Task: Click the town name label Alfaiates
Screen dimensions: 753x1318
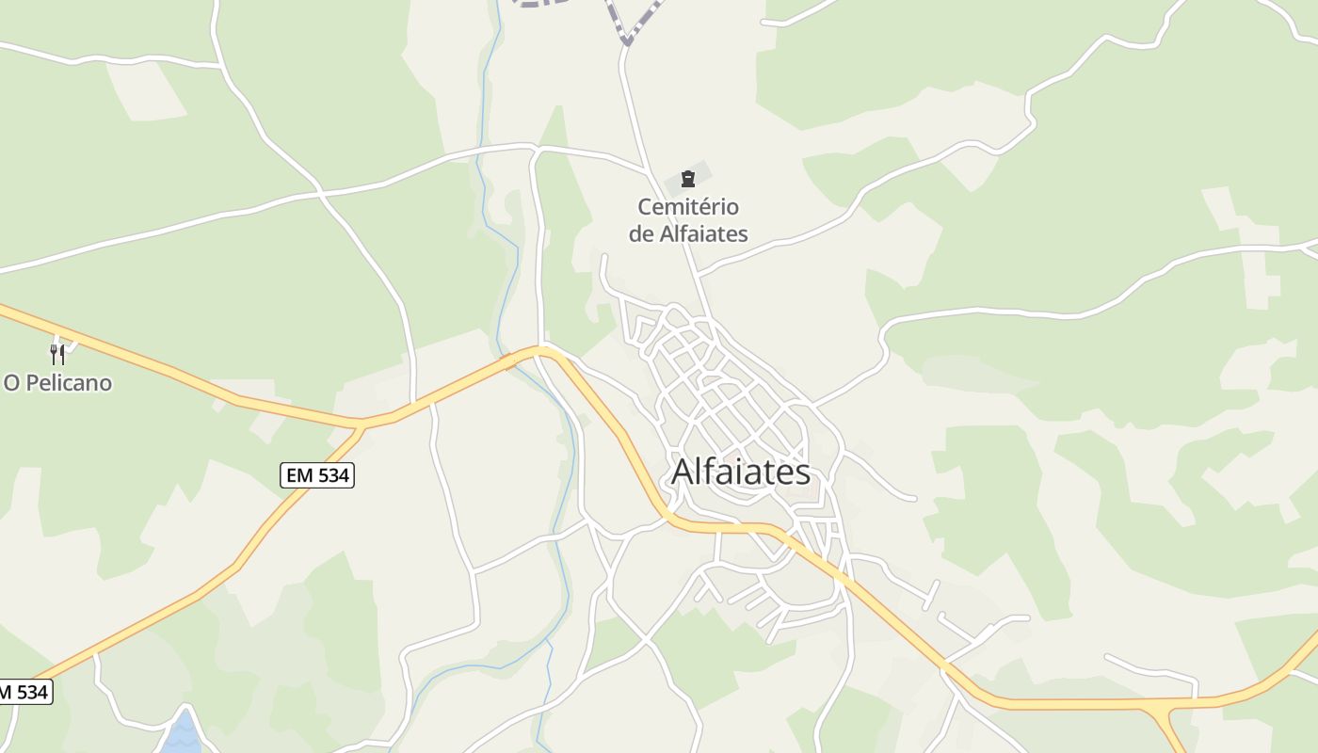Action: click(740, 472)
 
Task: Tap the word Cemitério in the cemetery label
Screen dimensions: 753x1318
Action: click(688, 207)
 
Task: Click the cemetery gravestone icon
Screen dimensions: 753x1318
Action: click(688, 179)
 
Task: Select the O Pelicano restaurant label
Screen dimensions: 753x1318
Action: click(57, 383)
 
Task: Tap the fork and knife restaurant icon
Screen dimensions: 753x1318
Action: click(57, 354)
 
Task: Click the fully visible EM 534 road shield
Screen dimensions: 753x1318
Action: click(317, 475)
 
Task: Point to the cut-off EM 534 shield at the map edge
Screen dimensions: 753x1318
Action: click(23, 692)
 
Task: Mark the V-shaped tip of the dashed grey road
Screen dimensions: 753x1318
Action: click(627, 42)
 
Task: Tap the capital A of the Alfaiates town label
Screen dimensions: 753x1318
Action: click(683, 472)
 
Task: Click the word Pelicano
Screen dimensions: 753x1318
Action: click(69, 383)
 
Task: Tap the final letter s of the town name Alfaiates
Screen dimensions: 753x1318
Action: click(803, 472)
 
